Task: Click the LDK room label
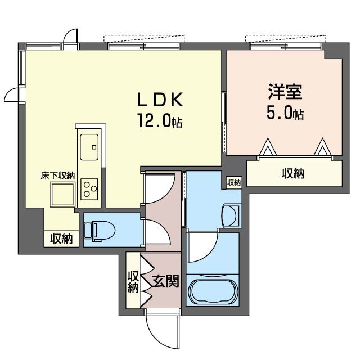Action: coord(161,100)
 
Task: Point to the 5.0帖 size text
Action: coord(285,113)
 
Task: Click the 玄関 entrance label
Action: coord(166,281)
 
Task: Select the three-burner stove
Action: coord(89,187)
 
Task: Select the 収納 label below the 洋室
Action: coord(293,173)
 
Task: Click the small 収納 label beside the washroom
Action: coord(233,182)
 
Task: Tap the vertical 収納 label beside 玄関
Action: coord(133,282)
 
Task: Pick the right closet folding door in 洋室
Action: coord(321,147)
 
